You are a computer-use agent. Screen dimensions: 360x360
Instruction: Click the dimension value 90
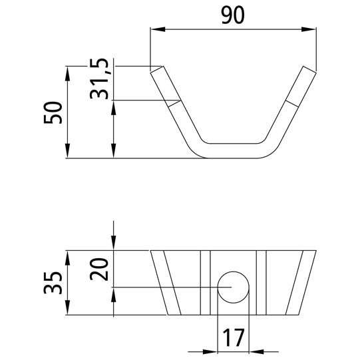232,14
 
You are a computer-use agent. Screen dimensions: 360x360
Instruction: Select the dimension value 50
54,112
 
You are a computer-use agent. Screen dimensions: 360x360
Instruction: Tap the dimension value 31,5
100,79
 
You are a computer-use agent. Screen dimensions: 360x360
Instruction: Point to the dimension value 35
54,282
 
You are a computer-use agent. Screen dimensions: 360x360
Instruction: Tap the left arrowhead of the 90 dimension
154,29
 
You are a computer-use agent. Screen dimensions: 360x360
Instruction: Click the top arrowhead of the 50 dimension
69,71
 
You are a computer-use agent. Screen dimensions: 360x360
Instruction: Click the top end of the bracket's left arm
156,69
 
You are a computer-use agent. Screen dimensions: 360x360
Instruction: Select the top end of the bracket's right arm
309,69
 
